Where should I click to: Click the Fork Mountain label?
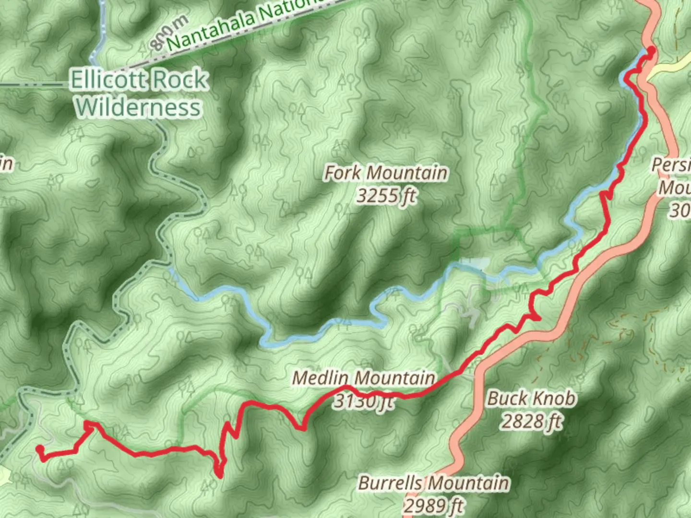(x=386, y=173)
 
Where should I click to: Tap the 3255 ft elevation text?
(x=386, y=196)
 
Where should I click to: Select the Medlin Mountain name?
(x=363, y=378)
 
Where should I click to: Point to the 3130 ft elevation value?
(x=363, y=400)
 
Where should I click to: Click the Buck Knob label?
(x=532, y=399)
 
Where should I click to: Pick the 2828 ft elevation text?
(x=532, y=422)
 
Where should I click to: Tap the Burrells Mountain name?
(x=433, y=483)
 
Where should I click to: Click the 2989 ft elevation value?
(x=433, y=505)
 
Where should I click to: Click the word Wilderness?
(x=138, y=107)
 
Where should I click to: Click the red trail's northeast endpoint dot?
(x=651, y=50)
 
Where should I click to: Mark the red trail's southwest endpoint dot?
(x=39, y=449)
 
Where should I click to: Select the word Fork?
(x=345, y=173)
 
